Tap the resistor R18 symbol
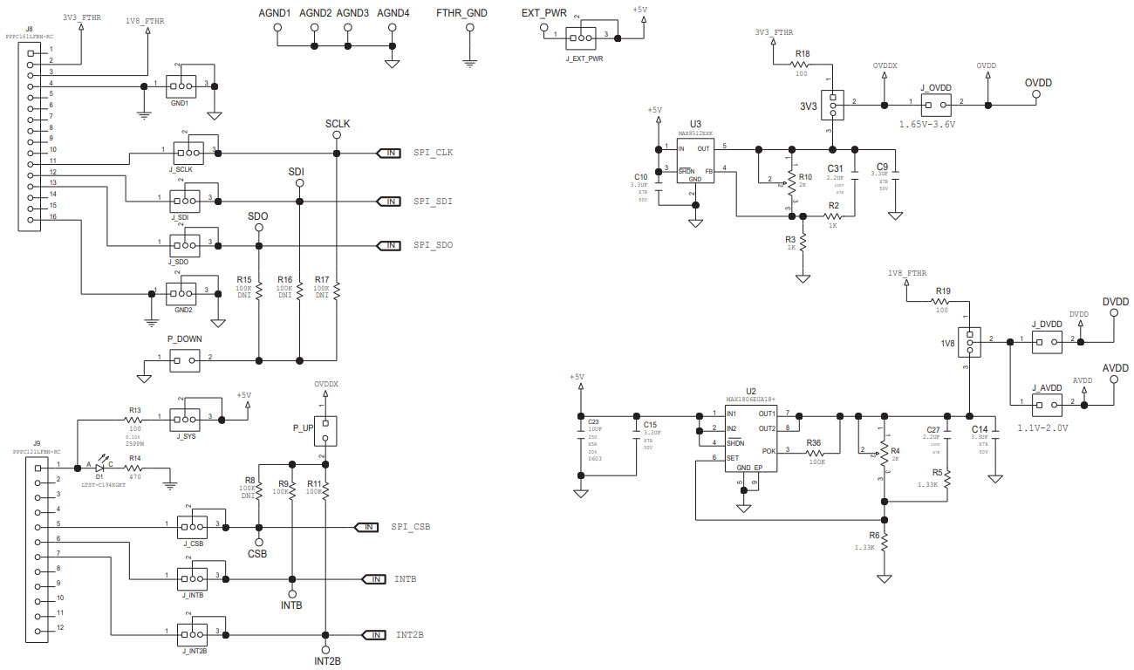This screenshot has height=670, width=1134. (803, 65)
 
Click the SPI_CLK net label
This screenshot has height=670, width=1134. (433, 154)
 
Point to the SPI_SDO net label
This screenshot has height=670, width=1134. (433, 245)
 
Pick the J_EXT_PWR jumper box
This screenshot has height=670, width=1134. (580, 37)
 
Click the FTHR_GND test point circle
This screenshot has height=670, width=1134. (470, 28)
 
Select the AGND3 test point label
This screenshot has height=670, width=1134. (352, 13)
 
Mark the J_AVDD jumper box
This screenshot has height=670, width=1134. (1046, 404)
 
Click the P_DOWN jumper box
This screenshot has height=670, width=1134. (185, 359)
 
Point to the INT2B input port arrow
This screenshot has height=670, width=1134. (373, 635)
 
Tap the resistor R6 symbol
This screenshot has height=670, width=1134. (885, 543)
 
